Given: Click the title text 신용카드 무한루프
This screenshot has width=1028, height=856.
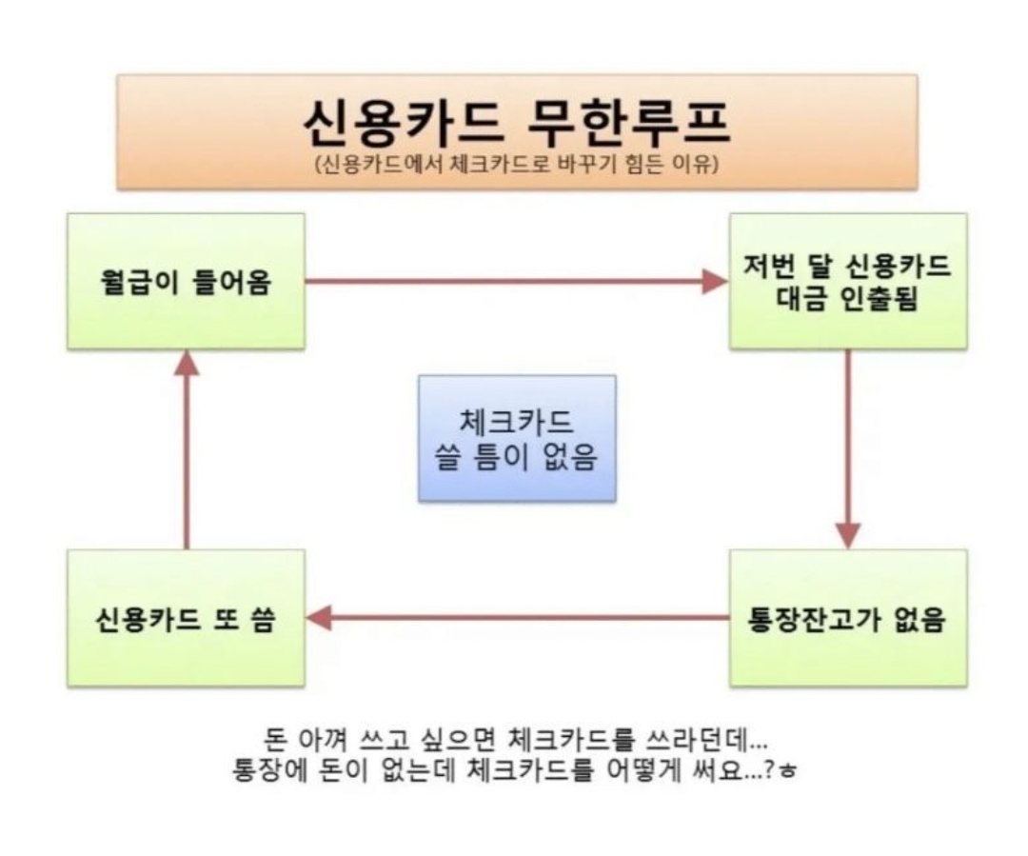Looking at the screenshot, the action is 517,124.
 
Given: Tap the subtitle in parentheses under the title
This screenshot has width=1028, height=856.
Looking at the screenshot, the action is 517,164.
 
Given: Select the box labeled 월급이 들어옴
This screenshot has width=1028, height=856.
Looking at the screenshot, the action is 187,282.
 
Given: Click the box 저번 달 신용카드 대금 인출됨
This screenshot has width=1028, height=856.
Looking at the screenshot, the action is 848,282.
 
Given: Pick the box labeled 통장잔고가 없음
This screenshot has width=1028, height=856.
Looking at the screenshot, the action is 848,618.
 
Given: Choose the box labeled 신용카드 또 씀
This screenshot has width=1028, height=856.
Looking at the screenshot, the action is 187,618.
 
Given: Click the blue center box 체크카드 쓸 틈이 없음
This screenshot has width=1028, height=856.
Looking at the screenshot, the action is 517,439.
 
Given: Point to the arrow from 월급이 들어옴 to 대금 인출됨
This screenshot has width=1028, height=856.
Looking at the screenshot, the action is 517,282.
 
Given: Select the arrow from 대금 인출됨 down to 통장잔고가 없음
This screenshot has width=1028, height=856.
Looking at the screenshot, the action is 848,449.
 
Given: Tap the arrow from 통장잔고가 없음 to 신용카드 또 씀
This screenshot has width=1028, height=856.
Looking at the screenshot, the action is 517,618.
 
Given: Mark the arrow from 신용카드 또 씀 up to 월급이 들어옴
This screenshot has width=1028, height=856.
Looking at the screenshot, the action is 187,449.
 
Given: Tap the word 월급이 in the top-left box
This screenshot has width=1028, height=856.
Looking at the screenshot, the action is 139,282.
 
